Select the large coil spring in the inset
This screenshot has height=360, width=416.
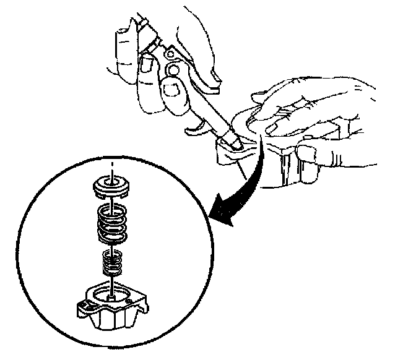(x=114, y=223)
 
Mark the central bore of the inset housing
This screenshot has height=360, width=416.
(x=112, y=294)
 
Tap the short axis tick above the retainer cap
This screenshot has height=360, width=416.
(x=112, y=166)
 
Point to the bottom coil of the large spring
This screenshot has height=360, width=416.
(x=114, y=238)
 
